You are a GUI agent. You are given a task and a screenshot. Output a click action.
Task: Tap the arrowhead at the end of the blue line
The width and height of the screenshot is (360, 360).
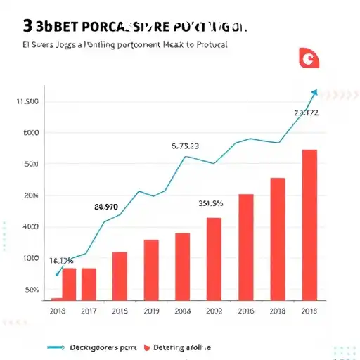pos(314,92)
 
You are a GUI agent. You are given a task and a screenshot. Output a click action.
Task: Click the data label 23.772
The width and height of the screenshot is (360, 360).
pos(306,112)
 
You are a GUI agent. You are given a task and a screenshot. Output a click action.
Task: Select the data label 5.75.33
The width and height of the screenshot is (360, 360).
pos(185,146)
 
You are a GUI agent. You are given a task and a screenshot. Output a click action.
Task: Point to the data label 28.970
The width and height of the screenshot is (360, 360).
pos(106,207)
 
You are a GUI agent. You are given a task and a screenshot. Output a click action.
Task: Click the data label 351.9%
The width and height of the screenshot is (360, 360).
pos(210,204)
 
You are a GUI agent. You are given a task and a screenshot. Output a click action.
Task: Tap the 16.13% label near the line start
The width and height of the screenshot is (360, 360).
pos(61,260)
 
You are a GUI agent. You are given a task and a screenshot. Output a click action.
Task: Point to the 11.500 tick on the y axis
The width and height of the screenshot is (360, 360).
pos(27,102)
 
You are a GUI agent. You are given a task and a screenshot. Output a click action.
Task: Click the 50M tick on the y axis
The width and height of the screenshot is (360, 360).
pos(30,164)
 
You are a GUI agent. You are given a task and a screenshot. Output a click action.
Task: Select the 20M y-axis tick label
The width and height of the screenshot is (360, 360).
pos(30,195)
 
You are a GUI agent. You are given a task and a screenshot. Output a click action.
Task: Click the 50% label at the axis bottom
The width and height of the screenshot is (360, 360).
pos(31,289)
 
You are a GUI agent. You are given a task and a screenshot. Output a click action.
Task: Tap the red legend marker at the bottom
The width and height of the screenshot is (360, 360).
pos(147,347)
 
